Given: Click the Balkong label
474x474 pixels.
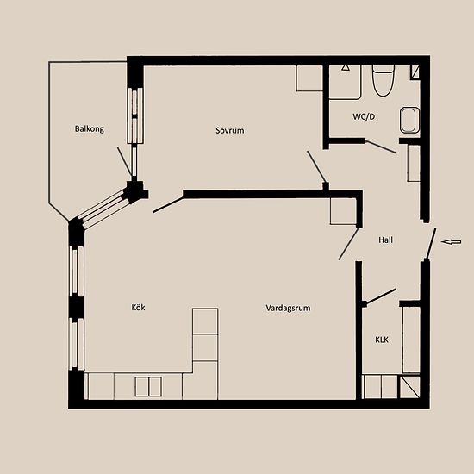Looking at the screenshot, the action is tap(89, 128).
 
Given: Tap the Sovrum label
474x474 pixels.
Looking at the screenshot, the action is tap(230, 130).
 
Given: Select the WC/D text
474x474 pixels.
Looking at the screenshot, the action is tap(364, 116).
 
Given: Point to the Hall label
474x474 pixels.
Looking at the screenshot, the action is tap(386, 240).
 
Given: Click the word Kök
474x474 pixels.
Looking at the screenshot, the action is tap(138, 307).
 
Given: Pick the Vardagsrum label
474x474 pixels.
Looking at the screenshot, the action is tap(288, 308).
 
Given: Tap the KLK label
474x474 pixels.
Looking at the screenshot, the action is tap(382, 340).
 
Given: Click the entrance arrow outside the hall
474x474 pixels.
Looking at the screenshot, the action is tap(451, 241).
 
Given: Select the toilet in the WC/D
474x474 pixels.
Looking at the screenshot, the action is tap(383, 81).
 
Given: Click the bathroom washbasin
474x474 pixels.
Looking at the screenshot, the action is tap(409, 120).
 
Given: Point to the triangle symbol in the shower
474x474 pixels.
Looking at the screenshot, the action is tap(346, 67).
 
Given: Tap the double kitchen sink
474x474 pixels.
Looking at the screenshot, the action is tap(148, 386).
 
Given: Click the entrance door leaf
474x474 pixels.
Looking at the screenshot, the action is tap(431, 244).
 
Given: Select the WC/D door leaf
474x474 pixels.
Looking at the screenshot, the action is tap(380, 147).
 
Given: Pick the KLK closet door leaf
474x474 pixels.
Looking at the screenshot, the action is tap(380, 296).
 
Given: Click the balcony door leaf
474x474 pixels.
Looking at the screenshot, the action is tap(125, 161).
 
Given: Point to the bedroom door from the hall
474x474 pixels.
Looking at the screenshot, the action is tap(316, 167).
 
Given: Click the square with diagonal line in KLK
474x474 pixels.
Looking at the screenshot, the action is tap(410, 387).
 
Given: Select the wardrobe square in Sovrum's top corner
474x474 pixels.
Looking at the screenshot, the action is tap(309, 78).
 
